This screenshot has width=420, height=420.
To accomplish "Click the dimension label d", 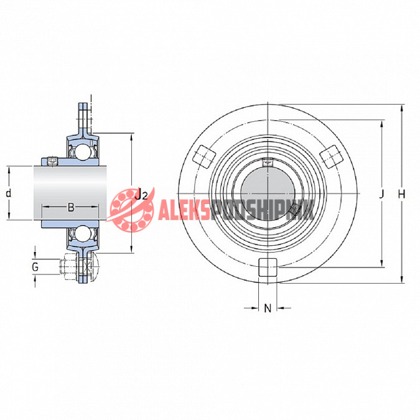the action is pyautogui.click(x=9, y=193).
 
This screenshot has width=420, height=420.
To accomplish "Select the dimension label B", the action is pyautogui.click(x=71, y=207).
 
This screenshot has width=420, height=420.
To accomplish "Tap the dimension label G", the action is pyautogui.click(x=35, y=267).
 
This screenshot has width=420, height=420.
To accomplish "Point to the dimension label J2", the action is pyautogui.click(x=141, y=194).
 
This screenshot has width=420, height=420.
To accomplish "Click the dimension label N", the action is pyautogui.click(x=268, y=308).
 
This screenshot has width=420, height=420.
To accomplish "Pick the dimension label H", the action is pyautogui.click(x=401, y=194).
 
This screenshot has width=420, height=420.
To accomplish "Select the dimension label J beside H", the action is pyautogui.click(x=381, y=194).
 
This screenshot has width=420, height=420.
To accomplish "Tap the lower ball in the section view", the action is pyautogui.click(x=83, y=233).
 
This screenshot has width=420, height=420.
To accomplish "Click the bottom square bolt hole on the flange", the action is pyautogui.click(x=268, y=267).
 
